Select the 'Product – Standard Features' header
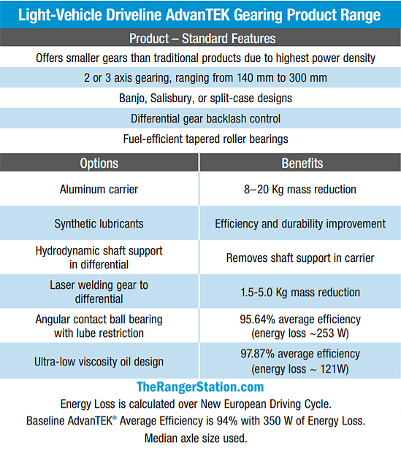pyautogui.click(x=202, y=39)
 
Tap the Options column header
pyautogui.click(x=99, y=163)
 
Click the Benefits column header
pyautogui.click(x=302, y=163)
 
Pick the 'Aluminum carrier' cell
pyautogui.click(x=99, y=190)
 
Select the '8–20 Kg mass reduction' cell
pyautogui.click(x=300, y=190)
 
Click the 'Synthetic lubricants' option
pyautogui.click(x=99, y=224)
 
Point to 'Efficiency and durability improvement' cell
pyautogui.click(x=300, y=224)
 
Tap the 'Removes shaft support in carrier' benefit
pyautogui.click(x=300, y=258)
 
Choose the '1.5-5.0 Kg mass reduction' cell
pyautogui.click(x=300, y=293)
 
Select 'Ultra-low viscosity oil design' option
pyautogui.click(x=99, y=362)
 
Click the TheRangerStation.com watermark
pyautogui.click(x=200, y=387)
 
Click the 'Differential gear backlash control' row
pyautogui.click(x=205, y=118)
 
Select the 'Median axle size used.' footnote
pyautogui.click(x=196, y=438)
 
